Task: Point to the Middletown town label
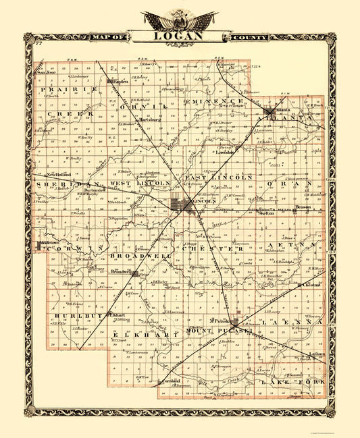pos(49,240)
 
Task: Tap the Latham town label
pos(317,354)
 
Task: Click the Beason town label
pos(302,207)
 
